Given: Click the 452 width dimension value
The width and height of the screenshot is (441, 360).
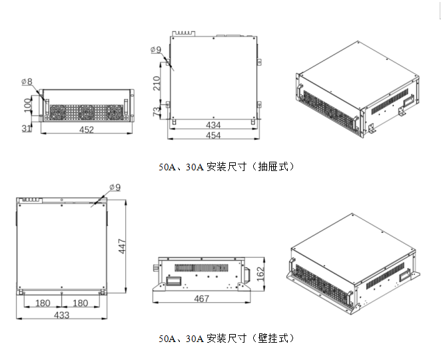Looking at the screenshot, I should pyautogui.click(x=87, y=130).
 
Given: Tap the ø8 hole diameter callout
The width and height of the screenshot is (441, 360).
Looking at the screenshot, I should pyautogui.click(x=27, y=82).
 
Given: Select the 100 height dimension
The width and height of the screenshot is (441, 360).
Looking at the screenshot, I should pyautogui.click(x=27, y=104).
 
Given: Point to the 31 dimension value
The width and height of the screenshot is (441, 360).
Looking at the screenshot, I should pyautogui.click(x=25, y=128).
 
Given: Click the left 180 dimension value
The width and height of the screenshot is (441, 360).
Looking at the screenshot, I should pyautogui.click(x=43, y=303).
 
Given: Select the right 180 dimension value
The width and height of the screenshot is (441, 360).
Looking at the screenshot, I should pyautogui.click(x=81, y=303).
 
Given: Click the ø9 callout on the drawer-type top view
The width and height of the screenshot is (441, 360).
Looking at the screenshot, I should pyautogui.click(x=157, y=49).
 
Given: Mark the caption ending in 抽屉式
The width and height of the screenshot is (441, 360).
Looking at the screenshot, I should pyautogui.click(x=226, y=166).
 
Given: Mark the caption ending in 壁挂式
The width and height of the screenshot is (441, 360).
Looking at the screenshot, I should pyautogui.click(x=226, y=338).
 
